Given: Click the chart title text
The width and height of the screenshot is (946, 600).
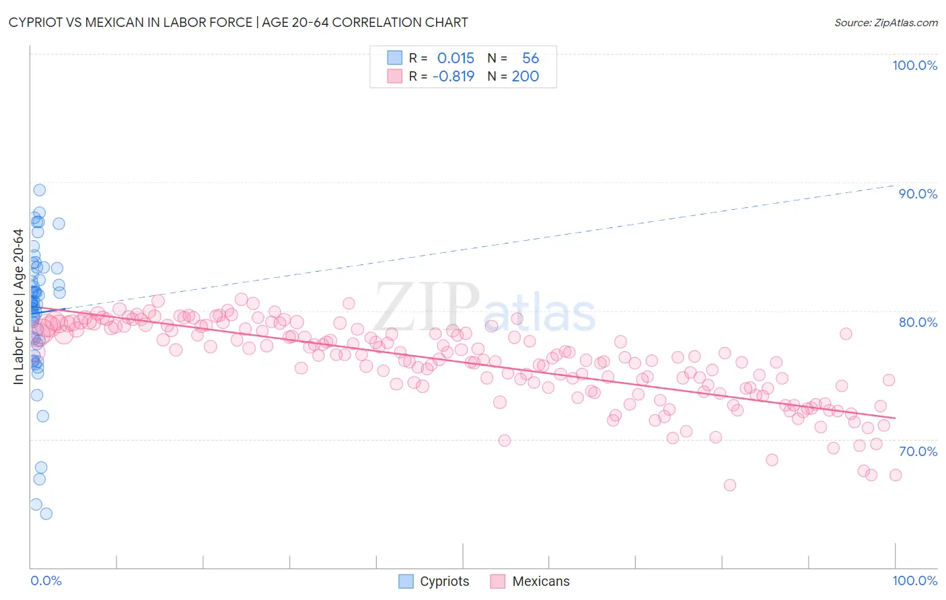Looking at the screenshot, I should point(238,22).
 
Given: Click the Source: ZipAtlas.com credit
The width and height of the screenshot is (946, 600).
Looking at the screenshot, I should point(885,22).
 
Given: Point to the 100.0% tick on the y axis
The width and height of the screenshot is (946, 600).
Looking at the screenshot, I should point(914,65).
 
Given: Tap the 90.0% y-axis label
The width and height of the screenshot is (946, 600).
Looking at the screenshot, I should point(918,194).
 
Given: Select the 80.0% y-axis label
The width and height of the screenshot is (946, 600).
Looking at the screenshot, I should point(918,322).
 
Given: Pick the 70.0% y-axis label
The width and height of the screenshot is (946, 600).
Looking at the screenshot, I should point(918,451).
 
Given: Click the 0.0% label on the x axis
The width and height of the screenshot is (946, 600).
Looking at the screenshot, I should point(46,580).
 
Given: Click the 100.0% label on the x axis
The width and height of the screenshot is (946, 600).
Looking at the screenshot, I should point(914,580).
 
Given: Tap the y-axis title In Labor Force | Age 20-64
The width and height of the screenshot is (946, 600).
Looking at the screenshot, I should point(18,307).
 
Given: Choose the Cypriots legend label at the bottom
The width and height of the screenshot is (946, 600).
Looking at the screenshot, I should point(444,581).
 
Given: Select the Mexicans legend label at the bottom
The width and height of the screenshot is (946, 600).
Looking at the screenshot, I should point(540,581).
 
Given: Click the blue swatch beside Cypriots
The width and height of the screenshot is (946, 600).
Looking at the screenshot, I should point(406,581).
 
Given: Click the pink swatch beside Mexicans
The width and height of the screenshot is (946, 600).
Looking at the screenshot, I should point(497,581).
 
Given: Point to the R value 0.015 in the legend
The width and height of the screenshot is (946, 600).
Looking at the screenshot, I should point(456,59).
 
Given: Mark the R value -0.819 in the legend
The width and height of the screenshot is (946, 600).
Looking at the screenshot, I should point(453,76).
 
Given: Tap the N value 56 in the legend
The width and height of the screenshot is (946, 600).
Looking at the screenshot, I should point(530,59).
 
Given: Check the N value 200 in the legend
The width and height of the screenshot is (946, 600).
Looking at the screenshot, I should point(525,76).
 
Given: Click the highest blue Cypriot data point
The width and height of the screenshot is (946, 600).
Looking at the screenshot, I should point(39,190).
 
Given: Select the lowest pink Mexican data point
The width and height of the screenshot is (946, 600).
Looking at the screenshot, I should point(729,485).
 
